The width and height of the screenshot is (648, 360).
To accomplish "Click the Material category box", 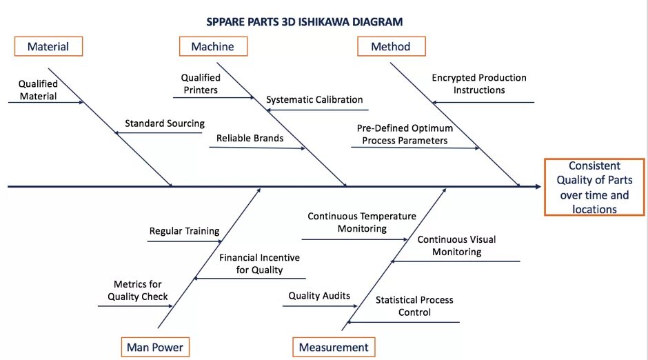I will click(x=48, y=46).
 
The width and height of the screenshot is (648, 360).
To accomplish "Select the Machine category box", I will click(x=212, y=46).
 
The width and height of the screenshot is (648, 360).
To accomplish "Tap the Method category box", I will click(x=391, y=46).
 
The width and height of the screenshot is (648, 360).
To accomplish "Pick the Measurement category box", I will click(x=334, y=347).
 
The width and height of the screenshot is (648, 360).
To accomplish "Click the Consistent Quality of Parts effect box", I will click(x=594, y=187).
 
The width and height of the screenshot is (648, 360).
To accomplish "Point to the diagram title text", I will click(x=305, y=21).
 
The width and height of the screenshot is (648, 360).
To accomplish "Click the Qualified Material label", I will click(x=38, y=90).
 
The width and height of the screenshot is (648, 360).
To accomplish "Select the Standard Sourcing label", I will click(x=165, y=123).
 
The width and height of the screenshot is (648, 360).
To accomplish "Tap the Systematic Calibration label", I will click(x=314, y=99).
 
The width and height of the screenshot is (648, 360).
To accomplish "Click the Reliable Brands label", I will click(x=250, y=138).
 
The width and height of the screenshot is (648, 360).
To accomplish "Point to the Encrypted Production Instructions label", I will click(x=479, y=84).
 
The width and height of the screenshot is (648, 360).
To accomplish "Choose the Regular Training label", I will click(x=184, y=231).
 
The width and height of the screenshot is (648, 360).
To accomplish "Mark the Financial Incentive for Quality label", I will click(x=259, y=263).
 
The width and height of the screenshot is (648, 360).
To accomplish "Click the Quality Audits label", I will click(x=319, y=296).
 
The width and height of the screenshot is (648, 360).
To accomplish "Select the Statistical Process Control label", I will click(x=414, y=306).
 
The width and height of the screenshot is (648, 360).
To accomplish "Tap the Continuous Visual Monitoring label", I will click(x=456, y=246).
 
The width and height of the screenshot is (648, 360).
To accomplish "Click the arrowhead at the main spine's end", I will click(x=537, y=186).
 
